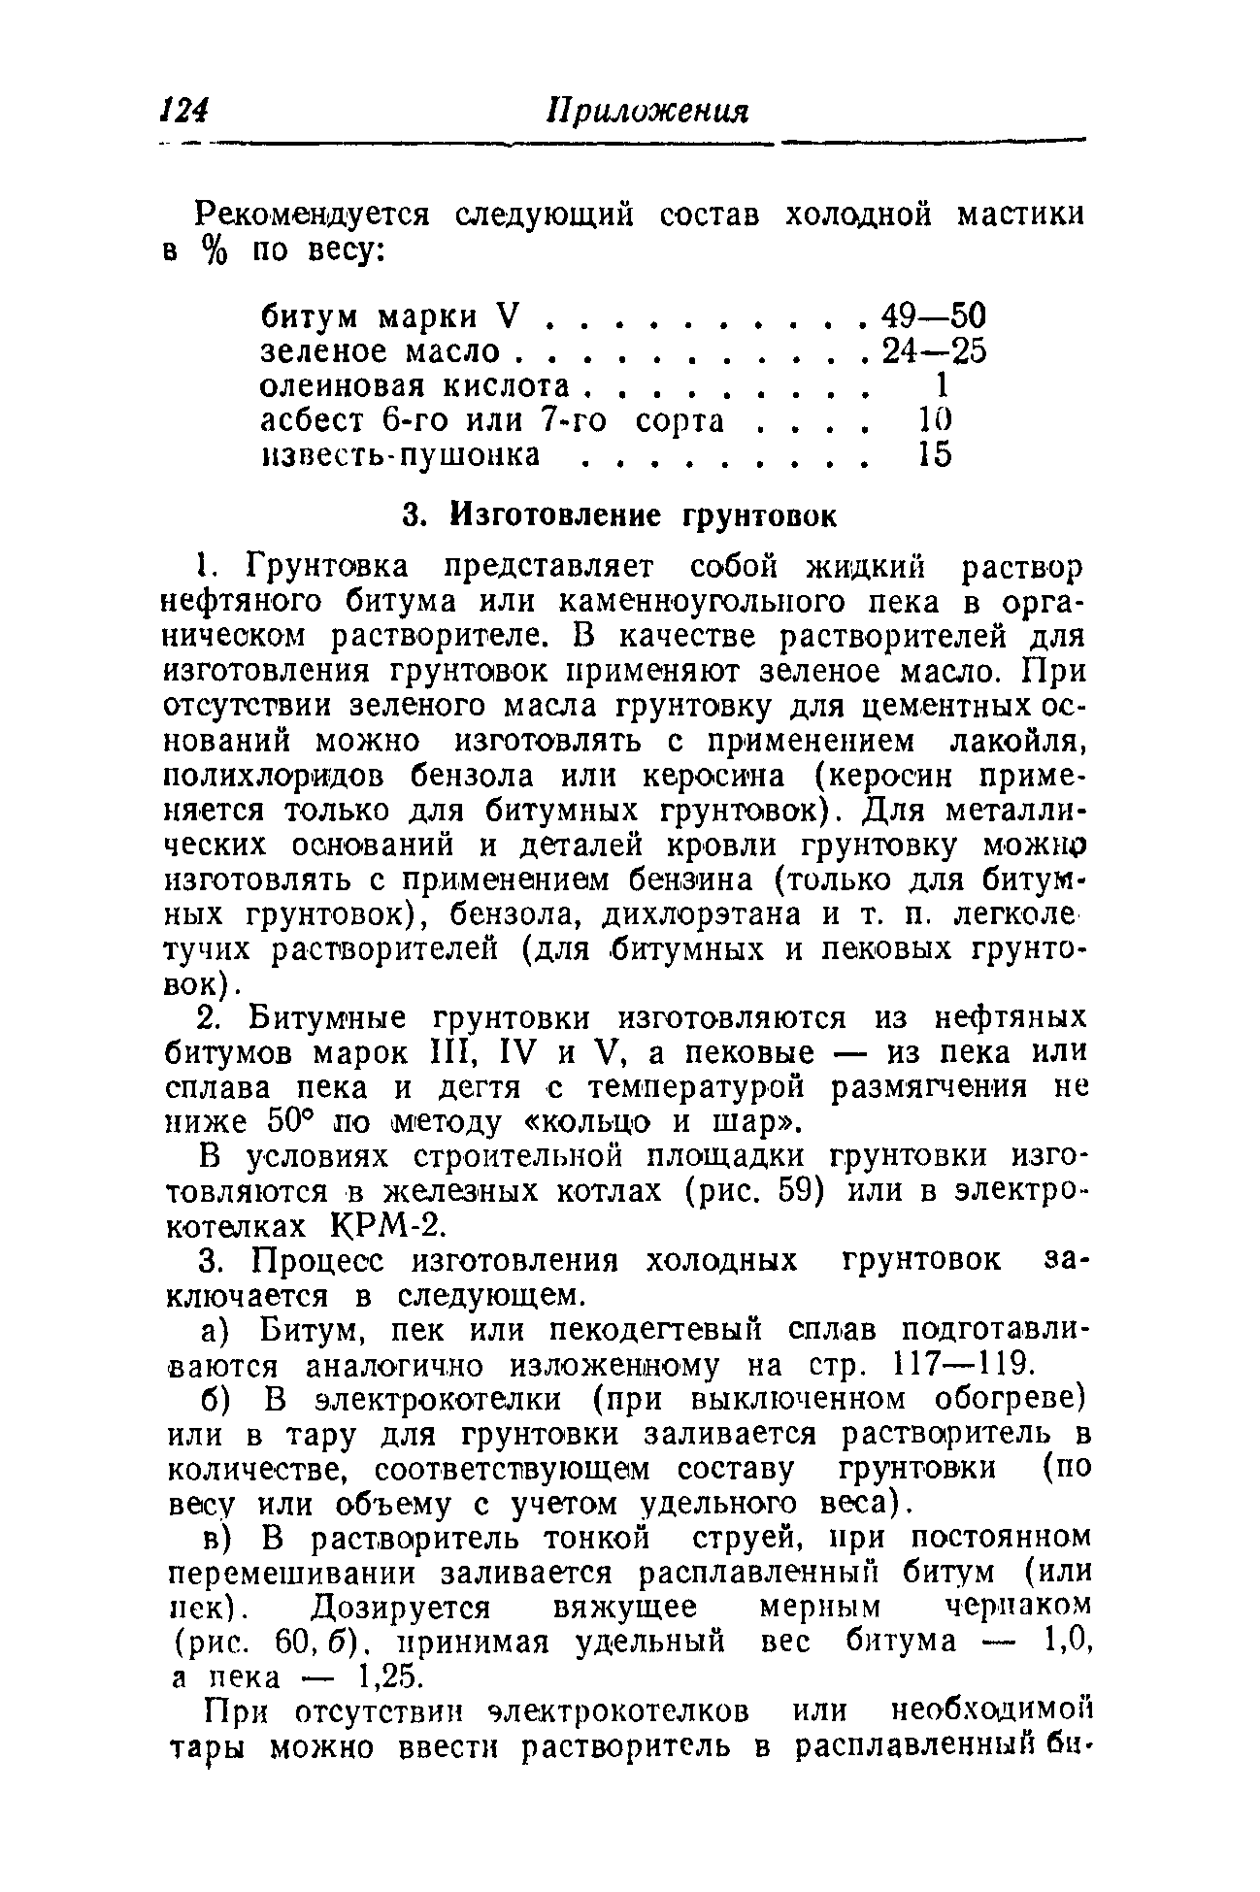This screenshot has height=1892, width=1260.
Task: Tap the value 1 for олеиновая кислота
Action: tap(939, 385)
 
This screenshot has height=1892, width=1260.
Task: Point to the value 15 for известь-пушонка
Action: tap(936, 454)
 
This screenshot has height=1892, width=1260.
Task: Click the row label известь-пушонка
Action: tap(401, 454)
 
